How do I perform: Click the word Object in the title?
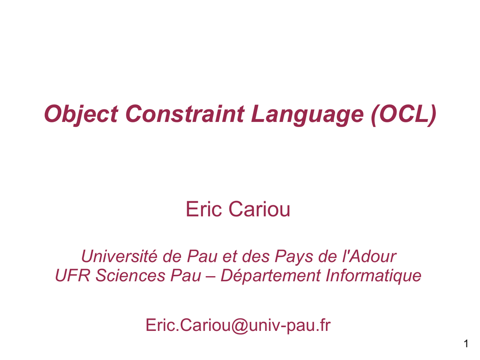coord(81,114)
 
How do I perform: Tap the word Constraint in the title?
coord(185,113)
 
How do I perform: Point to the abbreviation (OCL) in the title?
coord(404,114)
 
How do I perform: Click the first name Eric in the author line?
coord(203,209)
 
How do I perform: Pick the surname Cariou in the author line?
coord(259,210)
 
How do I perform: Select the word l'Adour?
coord(369,256)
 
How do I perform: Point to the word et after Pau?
coord(230,257)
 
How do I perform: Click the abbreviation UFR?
coord(73,275)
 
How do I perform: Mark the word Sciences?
coord(130,275)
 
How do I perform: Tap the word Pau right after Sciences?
coord(186,275)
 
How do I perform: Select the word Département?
coord(270,276)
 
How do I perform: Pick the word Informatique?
coord(374,276)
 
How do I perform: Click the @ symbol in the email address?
coord(240,325)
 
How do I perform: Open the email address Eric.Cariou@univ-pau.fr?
coord(238,325)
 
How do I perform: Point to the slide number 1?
coord(466,344)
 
